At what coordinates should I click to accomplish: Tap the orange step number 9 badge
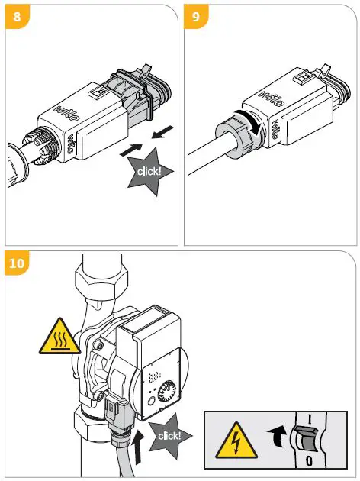(196, 15)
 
